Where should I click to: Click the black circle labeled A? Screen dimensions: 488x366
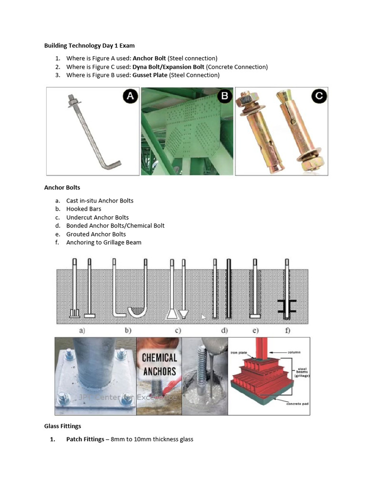point(130,97)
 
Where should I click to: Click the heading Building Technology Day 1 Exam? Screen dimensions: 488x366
point(89,46)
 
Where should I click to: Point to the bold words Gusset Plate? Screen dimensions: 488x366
point(150,75)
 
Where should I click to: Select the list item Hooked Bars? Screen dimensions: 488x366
point(83,209)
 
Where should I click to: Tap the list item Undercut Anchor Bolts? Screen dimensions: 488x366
point(97,217)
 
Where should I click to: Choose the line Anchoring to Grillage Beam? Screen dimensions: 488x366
point(103,243)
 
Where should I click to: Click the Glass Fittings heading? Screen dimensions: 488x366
point(62,426)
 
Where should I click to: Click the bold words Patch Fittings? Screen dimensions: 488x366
point(85,439)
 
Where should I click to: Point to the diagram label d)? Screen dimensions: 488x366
point(224,330)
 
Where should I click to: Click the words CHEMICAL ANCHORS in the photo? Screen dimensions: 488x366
point(159,365)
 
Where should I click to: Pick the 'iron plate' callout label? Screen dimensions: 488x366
point(240,353)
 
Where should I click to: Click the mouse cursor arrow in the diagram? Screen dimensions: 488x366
point(203,317)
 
